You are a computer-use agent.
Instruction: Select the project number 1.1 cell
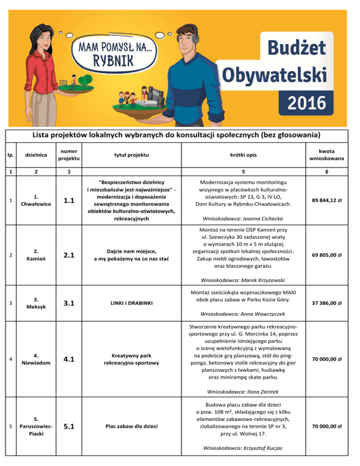pos(68,200)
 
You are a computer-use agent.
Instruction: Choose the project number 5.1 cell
pos(68,427)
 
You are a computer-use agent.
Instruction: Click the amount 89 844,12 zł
pos(325,200)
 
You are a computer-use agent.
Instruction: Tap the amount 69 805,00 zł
pos(325,256)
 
